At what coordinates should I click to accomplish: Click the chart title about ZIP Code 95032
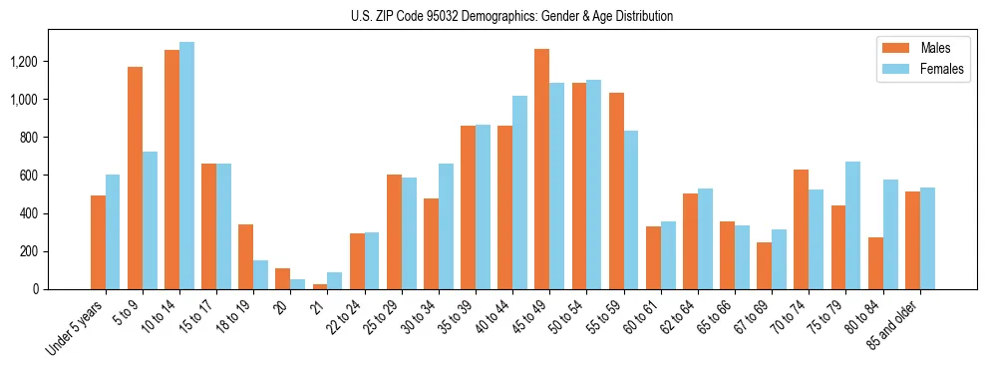pos(511,16)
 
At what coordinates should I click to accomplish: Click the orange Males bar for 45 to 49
pos(542,170)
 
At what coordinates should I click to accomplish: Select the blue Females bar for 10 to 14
pos(187,166)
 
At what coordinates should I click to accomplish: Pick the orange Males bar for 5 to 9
pos(136,179)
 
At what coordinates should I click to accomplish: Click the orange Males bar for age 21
pos(320,286)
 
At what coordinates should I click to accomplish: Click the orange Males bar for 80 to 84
pos(875,263)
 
